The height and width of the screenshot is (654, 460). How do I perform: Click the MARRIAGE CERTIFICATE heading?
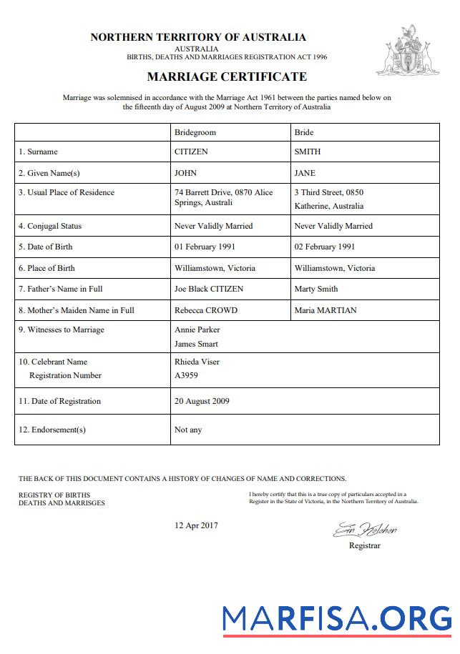(227, 76)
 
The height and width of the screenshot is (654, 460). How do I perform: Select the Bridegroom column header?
(195, 132)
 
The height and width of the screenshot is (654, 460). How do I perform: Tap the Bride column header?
(304, 132)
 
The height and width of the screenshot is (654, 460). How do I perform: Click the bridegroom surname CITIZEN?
(192, 152)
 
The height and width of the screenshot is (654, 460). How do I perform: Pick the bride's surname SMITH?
(308, 152)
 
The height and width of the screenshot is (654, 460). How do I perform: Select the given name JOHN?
(185, 173)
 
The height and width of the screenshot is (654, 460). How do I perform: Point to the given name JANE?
(305, 173)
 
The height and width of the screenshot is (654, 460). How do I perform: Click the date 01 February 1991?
(205, 247)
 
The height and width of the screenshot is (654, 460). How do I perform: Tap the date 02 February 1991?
(325, 247)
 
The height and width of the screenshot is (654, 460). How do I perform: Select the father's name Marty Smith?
(316, 289)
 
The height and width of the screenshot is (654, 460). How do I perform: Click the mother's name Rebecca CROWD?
(205, 310)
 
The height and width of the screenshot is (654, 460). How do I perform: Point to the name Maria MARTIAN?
(326, 310)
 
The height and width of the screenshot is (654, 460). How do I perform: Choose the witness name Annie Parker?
(197, 330)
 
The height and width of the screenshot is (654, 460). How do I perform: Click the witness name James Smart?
(197, 344)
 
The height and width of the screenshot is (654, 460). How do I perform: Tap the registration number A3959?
(186, 375)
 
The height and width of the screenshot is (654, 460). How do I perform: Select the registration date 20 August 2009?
(202, 401)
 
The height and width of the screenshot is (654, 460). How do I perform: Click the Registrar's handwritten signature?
(364, 530)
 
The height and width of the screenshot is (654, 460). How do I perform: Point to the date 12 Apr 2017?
(196, 525)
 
